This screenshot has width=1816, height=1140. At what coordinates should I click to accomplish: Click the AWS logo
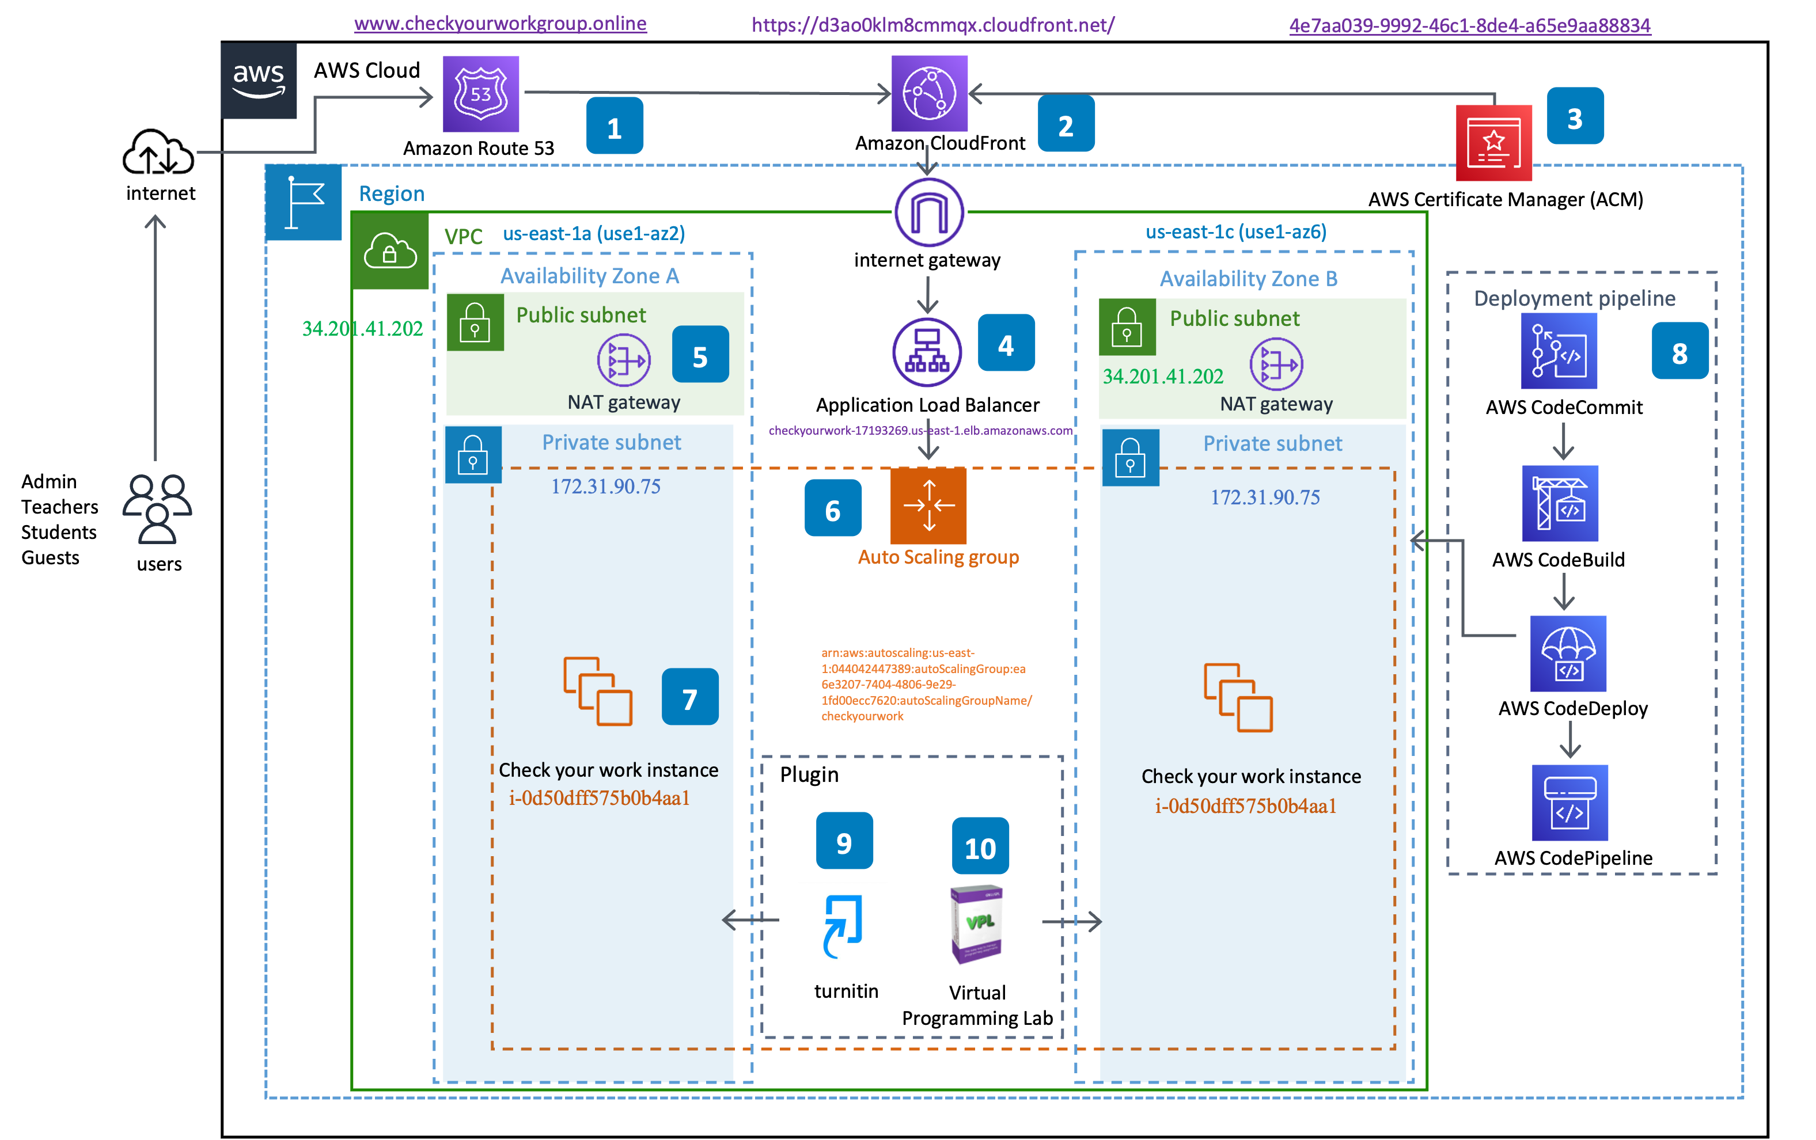coord(258,81)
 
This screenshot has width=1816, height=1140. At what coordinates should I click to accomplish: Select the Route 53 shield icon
coord(480,94)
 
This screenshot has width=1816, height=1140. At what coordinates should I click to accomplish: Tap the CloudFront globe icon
coord(929,93)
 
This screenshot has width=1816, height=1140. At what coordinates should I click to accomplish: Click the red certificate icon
coord(1493,143)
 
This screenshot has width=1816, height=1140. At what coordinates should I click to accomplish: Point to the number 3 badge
coord(1575,116)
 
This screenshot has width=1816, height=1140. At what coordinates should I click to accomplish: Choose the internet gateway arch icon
coord(929,212)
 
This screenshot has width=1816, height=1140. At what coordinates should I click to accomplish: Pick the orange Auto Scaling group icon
coord(928,505)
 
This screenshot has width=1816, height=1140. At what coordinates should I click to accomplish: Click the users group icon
coord(157,509)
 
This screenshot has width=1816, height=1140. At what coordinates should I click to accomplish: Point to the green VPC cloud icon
coord(390,251)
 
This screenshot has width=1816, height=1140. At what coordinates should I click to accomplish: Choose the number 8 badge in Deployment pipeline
coord(1679,351)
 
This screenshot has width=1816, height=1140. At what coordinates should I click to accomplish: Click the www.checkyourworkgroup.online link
coord(500,24)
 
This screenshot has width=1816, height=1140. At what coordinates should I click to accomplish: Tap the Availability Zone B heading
coord(1248,279)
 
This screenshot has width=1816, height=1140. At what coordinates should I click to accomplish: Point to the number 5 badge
coord(700,355)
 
